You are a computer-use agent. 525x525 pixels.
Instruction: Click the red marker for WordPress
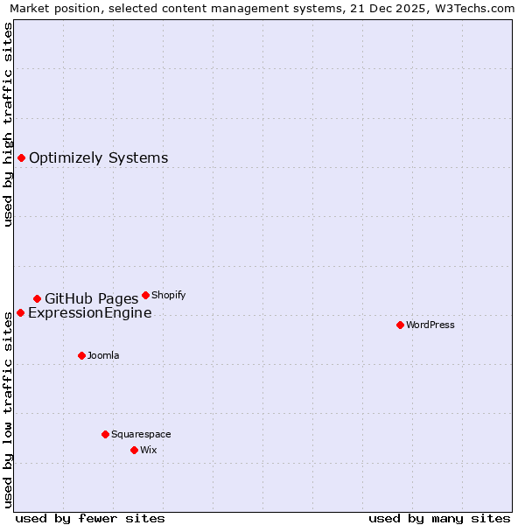[400, 325]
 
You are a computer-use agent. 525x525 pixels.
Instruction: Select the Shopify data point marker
[145, 295]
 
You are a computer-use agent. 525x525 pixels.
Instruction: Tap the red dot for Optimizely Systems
[21, 157]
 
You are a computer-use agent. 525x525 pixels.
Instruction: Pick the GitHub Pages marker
[37, 298]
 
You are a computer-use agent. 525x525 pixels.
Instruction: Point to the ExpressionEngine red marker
[20, 312]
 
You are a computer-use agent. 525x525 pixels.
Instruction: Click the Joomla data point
[81, 355]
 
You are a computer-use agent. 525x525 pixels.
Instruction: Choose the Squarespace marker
[105, 434]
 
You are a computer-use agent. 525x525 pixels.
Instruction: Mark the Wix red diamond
[134, 450]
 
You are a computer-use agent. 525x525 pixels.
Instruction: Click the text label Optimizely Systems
[98, 158]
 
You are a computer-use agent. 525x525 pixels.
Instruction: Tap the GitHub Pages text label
[91, 299]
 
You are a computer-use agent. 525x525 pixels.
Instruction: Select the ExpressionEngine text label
[89, 313]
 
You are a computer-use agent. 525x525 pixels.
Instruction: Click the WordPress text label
[430, 325]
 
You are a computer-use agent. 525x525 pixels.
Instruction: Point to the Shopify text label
[168, 296]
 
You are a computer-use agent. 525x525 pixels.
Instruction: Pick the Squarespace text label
[141, 435]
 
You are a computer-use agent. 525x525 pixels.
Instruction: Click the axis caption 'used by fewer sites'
[90, 518]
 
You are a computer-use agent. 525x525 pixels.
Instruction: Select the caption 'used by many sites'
[439, 518]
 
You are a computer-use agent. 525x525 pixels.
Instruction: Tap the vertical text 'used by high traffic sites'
[8, 124]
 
